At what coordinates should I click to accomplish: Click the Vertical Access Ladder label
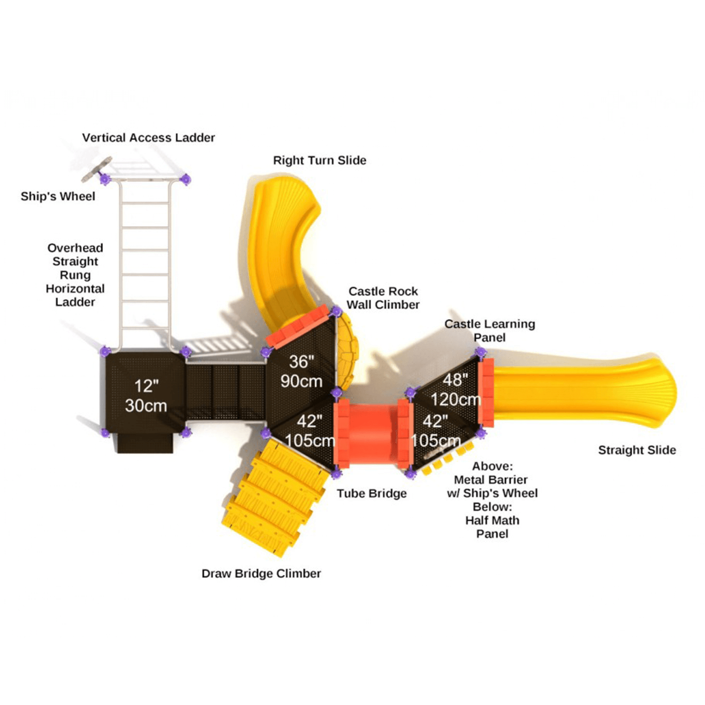pyautogui.click(x=148, y=138)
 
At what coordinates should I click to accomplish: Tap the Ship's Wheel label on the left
pyautogui.click(x=58, y=196)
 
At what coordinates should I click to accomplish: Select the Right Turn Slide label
pyautogui.click(x=319, y=160)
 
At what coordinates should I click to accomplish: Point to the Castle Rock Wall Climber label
pyautogui.click(x=383, y=298)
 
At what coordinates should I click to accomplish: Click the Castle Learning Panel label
pyautogui.click(x=490, y=330)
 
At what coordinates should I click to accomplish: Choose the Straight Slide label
pyautogui.click(x=637, y=449)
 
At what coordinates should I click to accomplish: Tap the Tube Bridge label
pyautogui.click(x=372, y=493)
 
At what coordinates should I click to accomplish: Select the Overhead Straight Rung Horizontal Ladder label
pyautogui.click(x=75, y=275)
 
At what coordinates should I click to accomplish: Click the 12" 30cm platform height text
pyautogui.click(x=146, y=396)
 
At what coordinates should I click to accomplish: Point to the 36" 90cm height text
pyautogui.click(x=302, y=371)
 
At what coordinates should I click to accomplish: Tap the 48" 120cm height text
pyautogui.click(x=455, y=390)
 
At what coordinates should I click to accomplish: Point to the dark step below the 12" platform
pyautogui.click(x=145, y=443)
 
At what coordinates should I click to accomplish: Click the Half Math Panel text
pyautogui.click(x=492, y=527)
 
